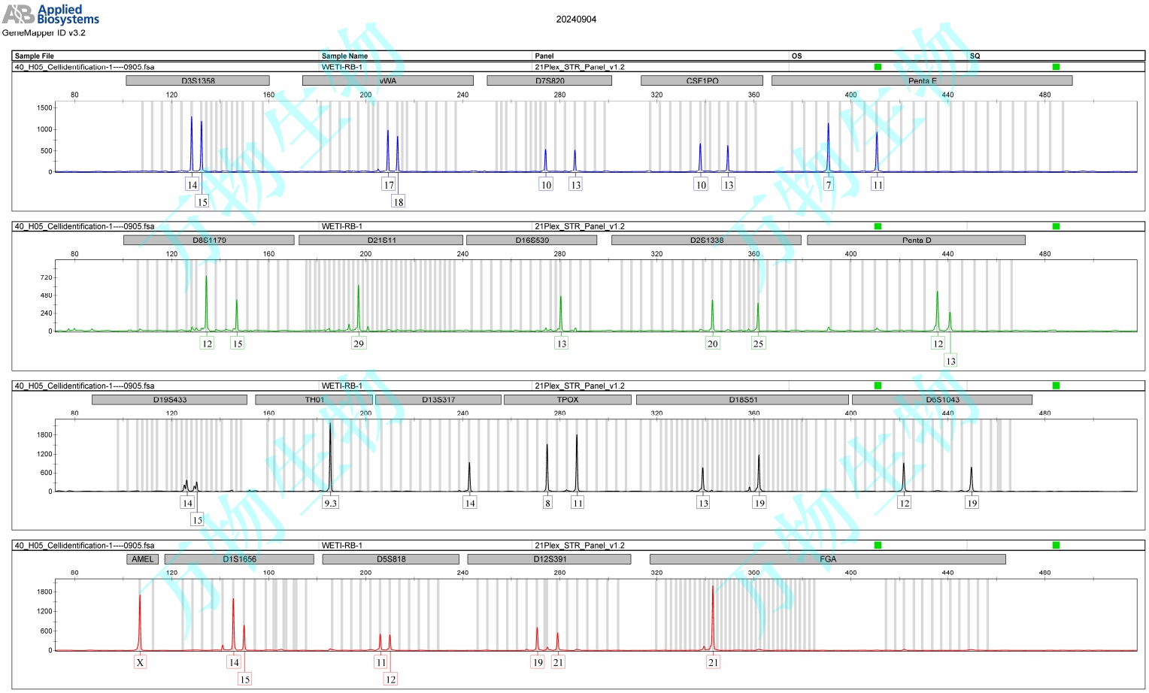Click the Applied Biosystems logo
[x=50, y=15]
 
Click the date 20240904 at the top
[x=576, y=20]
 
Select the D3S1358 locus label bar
[x=198, y=80]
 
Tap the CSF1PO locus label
[x=702, y=80]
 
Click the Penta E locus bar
[x=922, y=80]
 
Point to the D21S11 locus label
[x=381, y=240]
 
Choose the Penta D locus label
[x=916, y=240]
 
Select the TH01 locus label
[x=314, y=399]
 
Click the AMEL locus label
[x=142, y=559]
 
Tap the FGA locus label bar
[x=827, y=559]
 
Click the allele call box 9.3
[x=330, y=503]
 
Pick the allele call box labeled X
[x=140, y=662]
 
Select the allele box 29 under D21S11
[x=359, y=343]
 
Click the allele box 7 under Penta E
[x=829, y=185]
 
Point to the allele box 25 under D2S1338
[x=758, y=343]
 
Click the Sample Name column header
[x=344, y=56]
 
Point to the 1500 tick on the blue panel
[x=44, y=107]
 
